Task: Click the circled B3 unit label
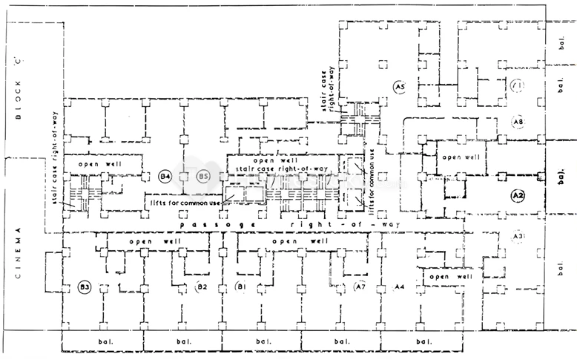(x=85, y=287)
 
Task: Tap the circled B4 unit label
(x=166, y=177)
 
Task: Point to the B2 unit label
(x=200, y=287)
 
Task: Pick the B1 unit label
(x=240, y=287)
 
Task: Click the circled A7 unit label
(x=360, y=287)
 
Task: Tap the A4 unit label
(x=399, y=287)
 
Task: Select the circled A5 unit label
(x=399, y=88)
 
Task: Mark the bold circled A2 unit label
(x=518, y=195)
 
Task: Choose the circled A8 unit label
(x=518, y=121)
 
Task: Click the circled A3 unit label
(x=519, y=236)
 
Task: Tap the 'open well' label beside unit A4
(x=449, y=277)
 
